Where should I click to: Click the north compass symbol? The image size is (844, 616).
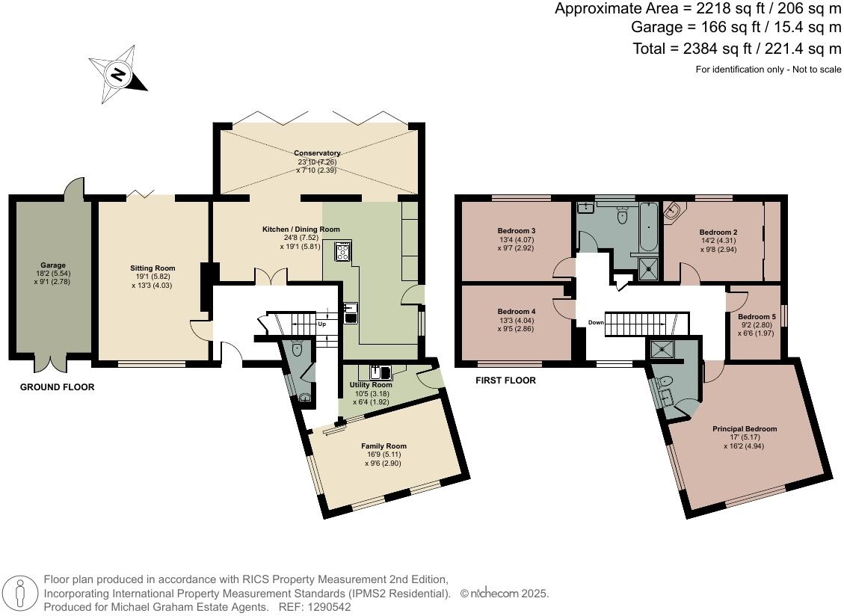coord(118,74)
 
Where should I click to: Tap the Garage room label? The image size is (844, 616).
coord(53,265)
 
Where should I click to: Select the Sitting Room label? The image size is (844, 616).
coord(153,268)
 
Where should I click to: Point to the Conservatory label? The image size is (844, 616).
coord(317,153)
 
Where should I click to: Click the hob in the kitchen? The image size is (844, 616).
coord(343,251)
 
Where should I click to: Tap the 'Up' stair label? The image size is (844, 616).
coord(322,324)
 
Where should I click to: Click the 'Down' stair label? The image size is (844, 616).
coord(596,322)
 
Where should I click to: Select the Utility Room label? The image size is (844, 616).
coord(371,384)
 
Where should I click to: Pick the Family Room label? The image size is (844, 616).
coord(384,446)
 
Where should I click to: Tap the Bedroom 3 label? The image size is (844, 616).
coord(517,230)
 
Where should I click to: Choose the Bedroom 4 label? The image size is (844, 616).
coord(517,311)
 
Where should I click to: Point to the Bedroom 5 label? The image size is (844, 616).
coord(757,317)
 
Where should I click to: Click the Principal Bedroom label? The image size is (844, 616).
coord(745,428)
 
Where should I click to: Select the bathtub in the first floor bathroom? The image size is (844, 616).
coord(648,227)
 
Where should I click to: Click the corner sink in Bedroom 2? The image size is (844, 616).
coord(672,212)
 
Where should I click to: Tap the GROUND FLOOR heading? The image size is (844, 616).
coord(57,386)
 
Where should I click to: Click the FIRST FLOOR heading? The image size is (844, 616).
coord(505,381)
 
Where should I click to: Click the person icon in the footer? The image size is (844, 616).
coord(20,594)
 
